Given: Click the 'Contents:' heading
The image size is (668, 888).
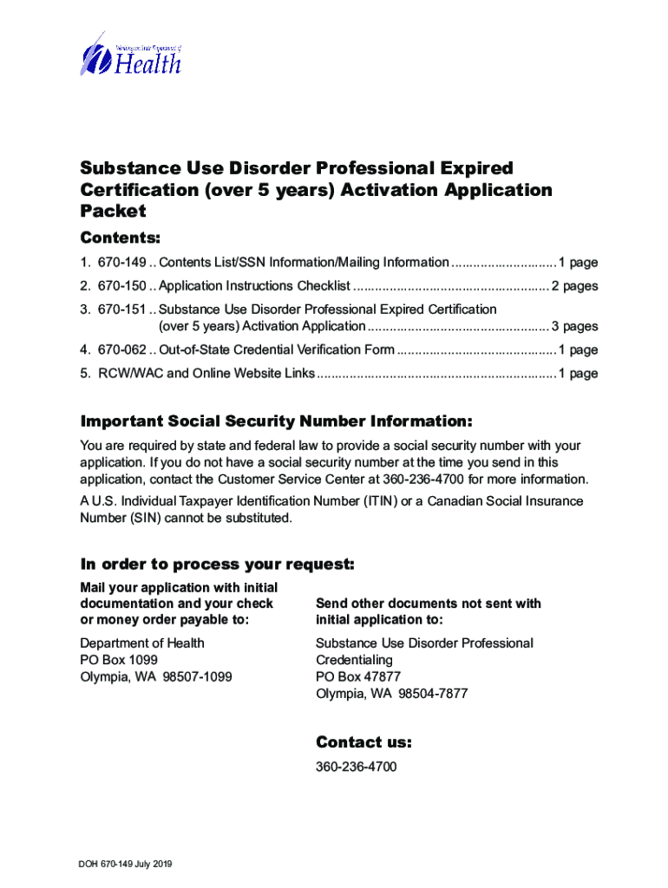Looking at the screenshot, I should pos(121,238).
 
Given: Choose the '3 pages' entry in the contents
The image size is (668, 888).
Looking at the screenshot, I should pos(575,327).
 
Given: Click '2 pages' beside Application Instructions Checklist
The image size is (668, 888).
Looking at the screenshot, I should pos(575,286).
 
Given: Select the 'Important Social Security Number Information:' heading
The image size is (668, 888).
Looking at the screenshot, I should pos(276,421).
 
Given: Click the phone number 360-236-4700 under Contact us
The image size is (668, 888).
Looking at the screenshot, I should pos(357,767).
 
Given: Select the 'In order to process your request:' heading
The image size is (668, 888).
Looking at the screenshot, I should pos(217,565).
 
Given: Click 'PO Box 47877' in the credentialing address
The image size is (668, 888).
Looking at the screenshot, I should pos(355,677).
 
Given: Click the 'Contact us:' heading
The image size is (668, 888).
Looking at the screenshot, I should pos(363,742).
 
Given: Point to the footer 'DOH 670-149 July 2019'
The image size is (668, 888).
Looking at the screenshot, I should pos(125,864).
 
